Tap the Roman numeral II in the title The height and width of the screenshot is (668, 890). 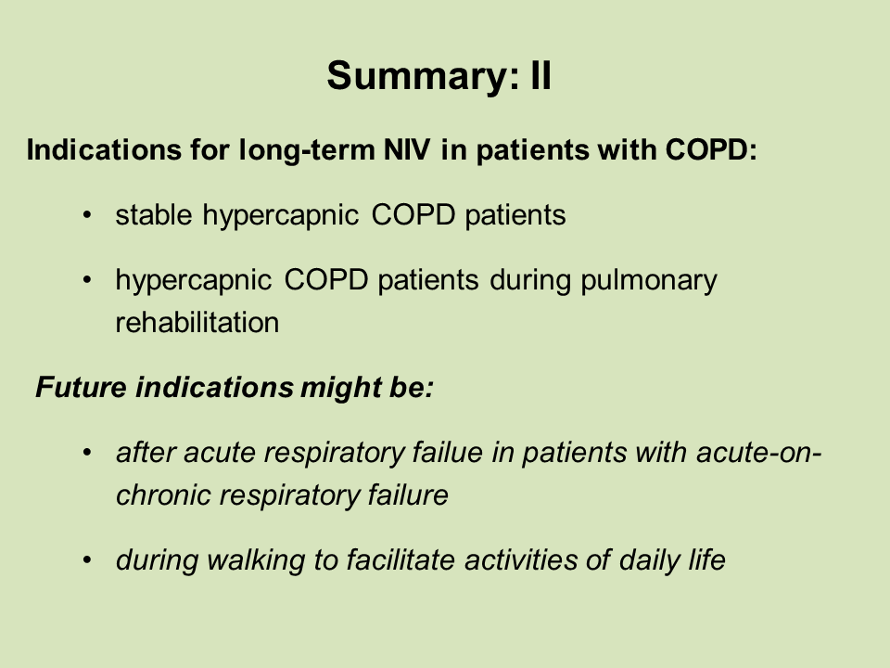540,75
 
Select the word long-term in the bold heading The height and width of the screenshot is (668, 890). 307,150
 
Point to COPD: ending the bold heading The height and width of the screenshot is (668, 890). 711,150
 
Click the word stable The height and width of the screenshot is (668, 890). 153,215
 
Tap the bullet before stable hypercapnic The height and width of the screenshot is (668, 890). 87,216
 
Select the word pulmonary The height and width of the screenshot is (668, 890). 649,281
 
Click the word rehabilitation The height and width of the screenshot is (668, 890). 197,323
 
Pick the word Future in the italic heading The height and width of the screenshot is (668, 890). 81,388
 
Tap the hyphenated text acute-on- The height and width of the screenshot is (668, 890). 758,453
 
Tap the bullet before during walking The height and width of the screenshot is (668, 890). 87,560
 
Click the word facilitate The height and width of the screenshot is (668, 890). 400,560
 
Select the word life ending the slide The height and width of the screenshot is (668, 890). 706,560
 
